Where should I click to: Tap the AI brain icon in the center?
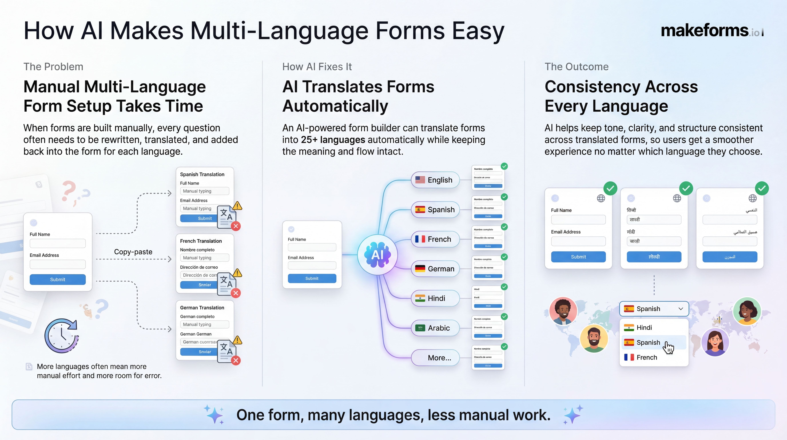coord(378,255)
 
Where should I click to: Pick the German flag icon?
coord(420,269)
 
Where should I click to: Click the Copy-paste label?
coord(133,252)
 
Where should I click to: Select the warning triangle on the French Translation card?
coord(237,273)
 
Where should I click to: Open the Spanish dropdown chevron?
coord(681,309)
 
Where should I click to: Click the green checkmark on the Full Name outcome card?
coord(610,188)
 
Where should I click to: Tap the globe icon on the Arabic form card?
coord(753,198)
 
